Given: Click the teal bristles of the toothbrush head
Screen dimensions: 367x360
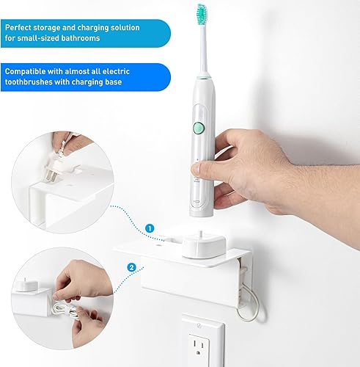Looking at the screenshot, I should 200,12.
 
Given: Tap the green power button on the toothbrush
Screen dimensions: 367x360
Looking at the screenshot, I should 197,128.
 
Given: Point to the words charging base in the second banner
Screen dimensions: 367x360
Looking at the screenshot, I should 107,82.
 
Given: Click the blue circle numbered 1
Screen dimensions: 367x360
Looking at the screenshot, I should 150,228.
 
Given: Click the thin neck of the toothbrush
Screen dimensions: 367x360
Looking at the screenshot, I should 201,48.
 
